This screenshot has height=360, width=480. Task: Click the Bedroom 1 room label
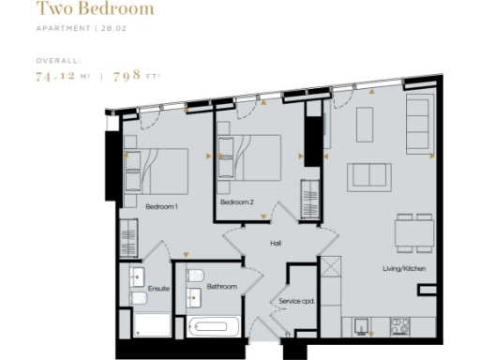tap(161, 204)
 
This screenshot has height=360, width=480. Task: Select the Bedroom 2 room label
tap(237, 202)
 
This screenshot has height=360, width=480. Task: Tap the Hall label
tap(276, 241)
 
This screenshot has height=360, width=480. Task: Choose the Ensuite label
tap(158, 289)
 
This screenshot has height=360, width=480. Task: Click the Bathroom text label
tap(221, 286)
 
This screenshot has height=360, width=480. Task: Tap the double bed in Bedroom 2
tap(250, 157)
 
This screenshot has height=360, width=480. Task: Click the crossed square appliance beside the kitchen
tap(329, 268)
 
